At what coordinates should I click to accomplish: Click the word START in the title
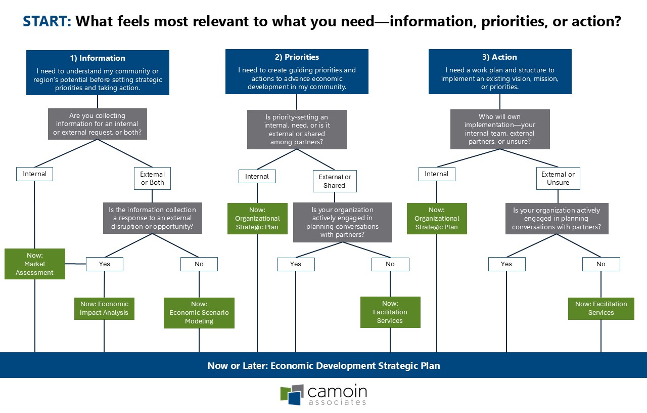click(47, 21)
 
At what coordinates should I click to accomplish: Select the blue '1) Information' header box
click(98, 72)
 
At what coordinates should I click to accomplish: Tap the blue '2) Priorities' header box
click(297, 71)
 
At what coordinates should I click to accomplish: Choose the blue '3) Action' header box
click(499, 71)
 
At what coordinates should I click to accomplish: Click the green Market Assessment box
click(35, 264)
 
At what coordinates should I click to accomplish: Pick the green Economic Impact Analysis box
click(104, 308)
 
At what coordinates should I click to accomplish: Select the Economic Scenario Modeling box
click(199, 312)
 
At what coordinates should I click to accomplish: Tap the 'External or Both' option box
click(152, 178)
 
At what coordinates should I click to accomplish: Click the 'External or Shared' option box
click(334, 181)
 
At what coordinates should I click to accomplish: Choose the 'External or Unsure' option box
click(558, 178)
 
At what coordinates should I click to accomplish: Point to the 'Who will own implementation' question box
click(499, 129)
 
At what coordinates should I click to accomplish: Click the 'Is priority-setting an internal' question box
click(297, 130)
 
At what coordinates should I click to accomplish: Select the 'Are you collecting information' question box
click(98, 123)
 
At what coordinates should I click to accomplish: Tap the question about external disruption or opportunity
click(152, 218)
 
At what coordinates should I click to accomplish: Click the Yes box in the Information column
click(105, 264)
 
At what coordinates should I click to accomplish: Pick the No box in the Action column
click(600, 264)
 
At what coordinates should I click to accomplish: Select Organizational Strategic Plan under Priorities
click(257, 219)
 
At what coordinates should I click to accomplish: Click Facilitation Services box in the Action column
click(601, 308)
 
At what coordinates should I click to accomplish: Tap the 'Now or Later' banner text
click(323, 365)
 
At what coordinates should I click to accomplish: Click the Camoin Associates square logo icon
click(292, 395)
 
